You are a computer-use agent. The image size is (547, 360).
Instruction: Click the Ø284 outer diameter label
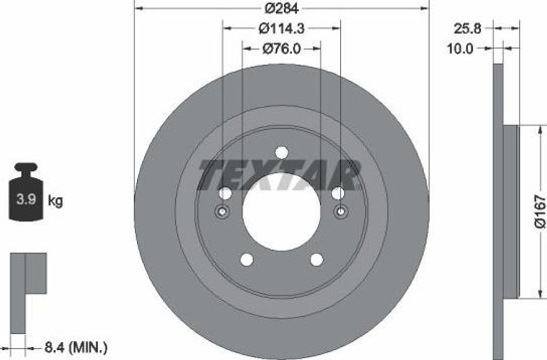282,9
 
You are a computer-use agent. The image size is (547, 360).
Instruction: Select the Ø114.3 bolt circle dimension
282,28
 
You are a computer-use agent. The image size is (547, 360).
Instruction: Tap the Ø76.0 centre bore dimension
281,49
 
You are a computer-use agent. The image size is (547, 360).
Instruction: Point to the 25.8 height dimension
467,29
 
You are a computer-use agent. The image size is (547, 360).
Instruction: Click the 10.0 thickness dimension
460,49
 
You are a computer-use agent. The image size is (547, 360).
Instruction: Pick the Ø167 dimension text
540,212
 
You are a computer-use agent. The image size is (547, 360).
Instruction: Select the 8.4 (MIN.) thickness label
76,347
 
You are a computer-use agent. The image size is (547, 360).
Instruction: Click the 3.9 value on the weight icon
27,200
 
